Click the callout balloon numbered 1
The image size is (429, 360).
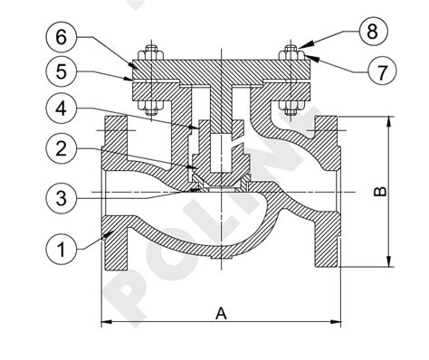point(62,250)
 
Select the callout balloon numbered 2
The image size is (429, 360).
point(62,148)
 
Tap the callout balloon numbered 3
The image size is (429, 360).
point(62,199)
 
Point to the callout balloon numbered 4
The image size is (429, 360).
point(62,109)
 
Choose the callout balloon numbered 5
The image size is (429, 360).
point(62,72)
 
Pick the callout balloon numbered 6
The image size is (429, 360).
point(62,37)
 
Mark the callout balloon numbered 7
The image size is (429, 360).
point(382,71)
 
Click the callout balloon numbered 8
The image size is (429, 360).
point(373,31)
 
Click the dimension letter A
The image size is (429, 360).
point(221,314)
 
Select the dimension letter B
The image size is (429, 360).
point(380,192)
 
